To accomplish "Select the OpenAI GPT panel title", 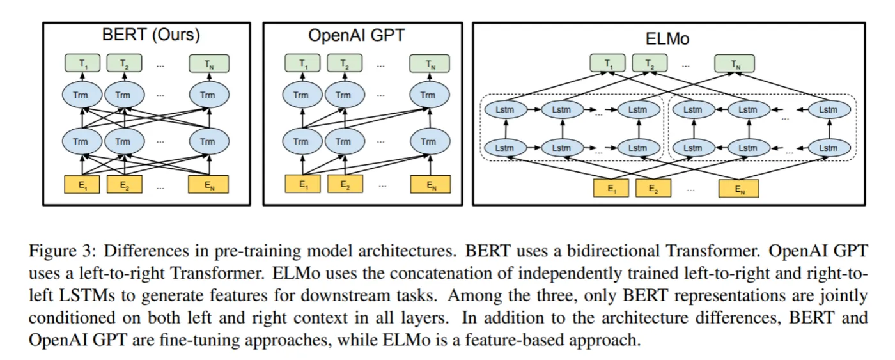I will click(356, 35).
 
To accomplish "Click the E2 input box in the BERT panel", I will click(125, 185).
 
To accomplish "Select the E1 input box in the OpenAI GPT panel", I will click(304, 185).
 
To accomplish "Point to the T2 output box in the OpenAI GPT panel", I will click(345, 64).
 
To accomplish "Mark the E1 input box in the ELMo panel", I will click(612, 189).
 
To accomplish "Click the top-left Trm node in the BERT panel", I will click(82, 95).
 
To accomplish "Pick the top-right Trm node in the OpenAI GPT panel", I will click(428, 95).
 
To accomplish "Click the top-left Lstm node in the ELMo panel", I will click(504, 110).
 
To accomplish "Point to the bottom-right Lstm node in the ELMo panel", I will click(828, 148).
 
